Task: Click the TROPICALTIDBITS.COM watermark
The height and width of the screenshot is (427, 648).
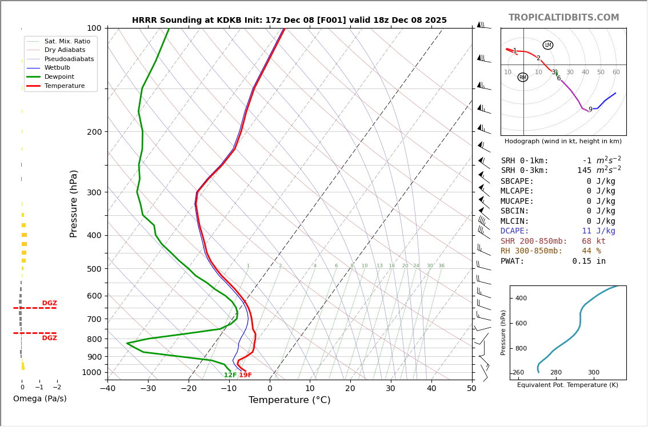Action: point(563,18)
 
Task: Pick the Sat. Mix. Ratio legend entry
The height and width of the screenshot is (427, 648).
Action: point(67,41)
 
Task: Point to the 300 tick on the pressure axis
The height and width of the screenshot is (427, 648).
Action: point(94,192)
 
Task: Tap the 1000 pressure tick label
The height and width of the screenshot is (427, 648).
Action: point(91,372)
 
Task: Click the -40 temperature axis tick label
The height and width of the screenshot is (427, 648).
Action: point(107,389)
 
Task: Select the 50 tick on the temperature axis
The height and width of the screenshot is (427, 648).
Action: point(471,389)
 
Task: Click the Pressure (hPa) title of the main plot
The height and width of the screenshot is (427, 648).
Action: point(74,203)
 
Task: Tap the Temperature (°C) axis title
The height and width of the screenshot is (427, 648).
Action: point(289,400)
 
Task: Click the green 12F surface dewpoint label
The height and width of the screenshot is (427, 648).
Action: point(230,375)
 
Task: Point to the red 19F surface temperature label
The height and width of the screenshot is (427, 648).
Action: point(245,375)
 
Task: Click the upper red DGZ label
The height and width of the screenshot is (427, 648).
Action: point(49,303)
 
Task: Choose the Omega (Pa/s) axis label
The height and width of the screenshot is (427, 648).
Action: point(39,398)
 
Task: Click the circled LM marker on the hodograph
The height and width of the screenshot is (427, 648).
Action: point(548,45)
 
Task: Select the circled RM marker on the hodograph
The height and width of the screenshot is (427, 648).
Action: point(523,77)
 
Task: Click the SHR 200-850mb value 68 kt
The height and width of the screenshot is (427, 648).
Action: point(593,241)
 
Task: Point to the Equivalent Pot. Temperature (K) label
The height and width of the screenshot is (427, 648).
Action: point(567,385)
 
